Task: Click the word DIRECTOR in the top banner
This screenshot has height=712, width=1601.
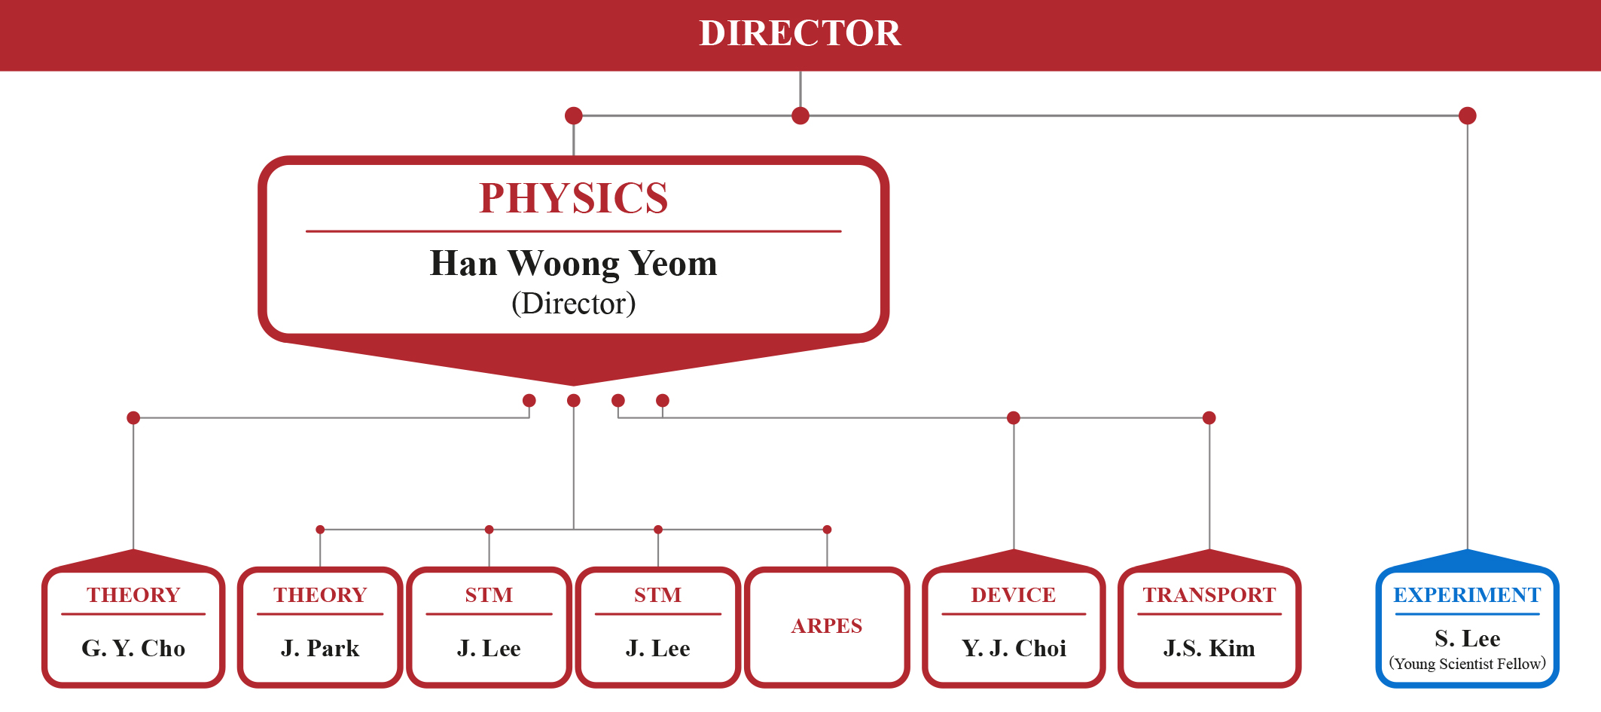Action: tap(800, 33)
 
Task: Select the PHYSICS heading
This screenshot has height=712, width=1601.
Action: tap(573, 198)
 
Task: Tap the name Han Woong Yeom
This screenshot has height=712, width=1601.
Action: tap(573, 264)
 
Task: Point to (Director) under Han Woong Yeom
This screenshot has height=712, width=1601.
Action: tap(573, 304)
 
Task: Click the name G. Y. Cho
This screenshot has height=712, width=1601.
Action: tap(133, 648)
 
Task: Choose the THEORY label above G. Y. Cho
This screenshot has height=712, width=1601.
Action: tap(133, 595)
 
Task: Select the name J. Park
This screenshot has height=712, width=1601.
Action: tap(320, 648)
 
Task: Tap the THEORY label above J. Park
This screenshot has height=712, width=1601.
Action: tap(320, 595)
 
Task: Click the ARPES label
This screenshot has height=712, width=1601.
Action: tap(827, 626)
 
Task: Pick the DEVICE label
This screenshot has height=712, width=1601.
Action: tap(1014, 595)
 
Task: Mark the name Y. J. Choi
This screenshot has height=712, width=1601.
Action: tap(1014, 648)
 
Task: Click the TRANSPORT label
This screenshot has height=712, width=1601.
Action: tap(1209, 595)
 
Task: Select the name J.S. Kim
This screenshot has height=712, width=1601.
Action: tap(1209, 648)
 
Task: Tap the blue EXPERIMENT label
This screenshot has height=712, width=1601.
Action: tap(1467, 595)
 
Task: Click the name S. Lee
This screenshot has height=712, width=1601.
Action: tap(1467, 639)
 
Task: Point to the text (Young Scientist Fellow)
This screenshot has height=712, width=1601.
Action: tap(1467, 664)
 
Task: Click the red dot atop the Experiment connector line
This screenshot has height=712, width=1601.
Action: tap(1467, 116)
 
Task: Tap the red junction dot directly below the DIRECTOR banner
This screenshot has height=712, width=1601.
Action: tap(800, 116)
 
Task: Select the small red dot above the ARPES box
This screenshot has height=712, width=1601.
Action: tap(827, 530)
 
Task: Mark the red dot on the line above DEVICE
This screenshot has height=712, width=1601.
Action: tap(1014, 418)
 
